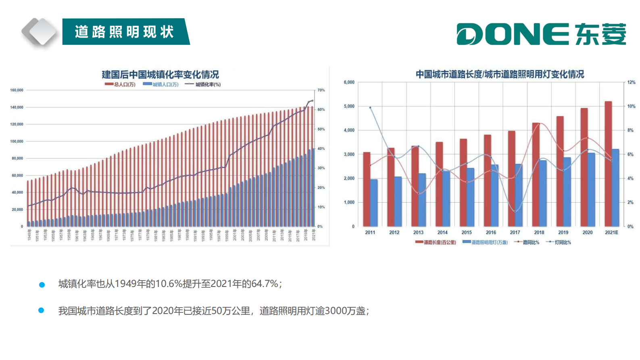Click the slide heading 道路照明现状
point(124,31)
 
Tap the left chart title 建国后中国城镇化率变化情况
point(160,75)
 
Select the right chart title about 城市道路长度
point(500,74)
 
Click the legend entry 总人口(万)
point(120,84)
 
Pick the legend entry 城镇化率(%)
point(203,84)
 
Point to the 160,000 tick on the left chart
point(17,90)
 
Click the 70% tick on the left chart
point(321,90)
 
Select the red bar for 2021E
point(608,163)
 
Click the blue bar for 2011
point(374,203)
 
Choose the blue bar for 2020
point(591,189)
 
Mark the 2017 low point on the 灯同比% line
point(515,211)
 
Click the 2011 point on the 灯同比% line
point(370,107)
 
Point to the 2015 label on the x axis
point(467,232)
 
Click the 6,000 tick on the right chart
point(349,82)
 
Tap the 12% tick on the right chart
point(631,82)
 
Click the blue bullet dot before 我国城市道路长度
point(41,310)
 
